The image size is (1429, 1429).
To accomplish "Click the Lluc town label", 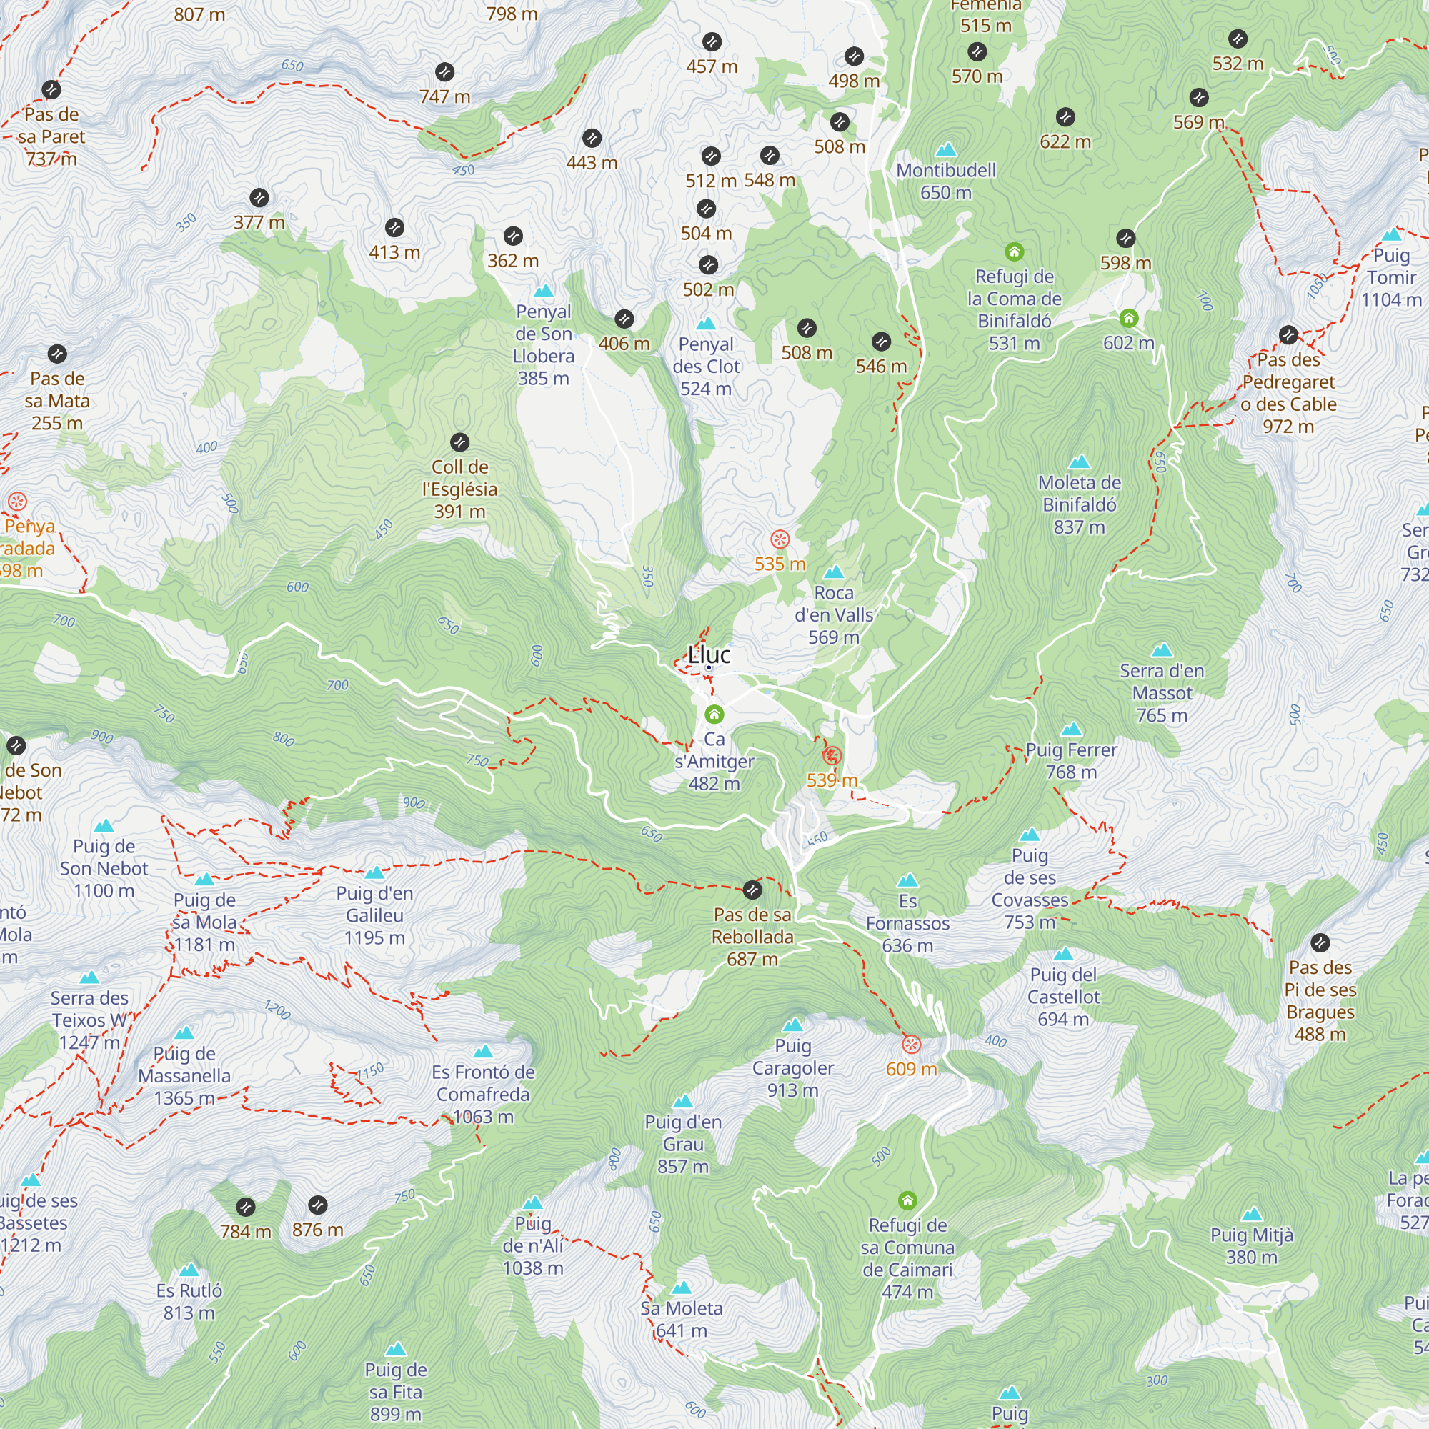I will [x=709, y=654].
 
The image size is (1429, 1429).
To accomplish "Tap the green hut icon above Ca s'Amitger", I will [x=714, y=714].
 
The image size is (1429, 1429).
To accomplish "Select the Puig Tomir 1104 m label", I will [x=1390, y=277].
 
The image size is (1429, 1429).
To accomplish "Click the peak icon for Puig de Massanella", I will [x=184, y=1033].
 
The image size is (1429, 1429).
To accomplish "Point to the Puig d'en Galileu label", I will [x=374, y=915].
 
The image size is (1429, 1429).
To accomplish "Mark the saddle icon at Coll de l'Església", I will [x=459, y=442].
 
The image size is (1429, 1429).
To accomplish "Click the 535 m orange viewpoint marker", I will [x=780, y=539].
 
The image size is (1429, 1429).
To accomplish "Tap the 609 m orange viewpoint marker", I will [x=911, y=1045].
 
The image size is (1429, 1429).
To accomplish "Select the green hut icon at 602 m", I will [x=1128, y=318].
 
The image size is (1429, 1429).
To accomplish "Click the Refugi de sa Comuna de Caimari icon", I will [x=907, y=1200].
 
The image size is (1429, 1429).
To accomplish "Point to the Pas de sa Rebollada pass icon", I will [x=752, y=889].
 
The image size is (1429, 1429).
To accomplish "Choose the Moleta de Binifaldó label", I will [x=1079, y=504].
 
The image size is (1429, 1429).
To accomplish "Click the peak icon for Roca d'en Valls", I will [x=834, y=572].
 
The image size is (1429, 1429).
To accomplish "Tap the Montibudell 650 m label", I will [x=946, y=181].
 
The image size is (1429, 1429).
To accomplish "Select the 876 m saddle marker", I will [x=317, y=1205].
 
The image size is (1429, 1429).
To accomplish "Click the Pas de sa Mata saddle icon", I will [x=57, y=354].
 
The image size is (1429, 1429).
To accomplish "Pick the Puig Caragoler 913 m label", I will [x=793, y=1068].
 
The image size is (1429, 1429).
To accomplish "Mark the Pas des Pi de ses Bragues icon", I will [x=1320, y=942].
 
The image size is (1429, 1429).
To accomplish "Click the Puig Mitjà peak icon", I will [x=1252, y=1215].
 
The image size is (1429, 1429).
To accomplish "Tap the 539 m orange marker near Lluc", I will [x=832, y=755].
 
